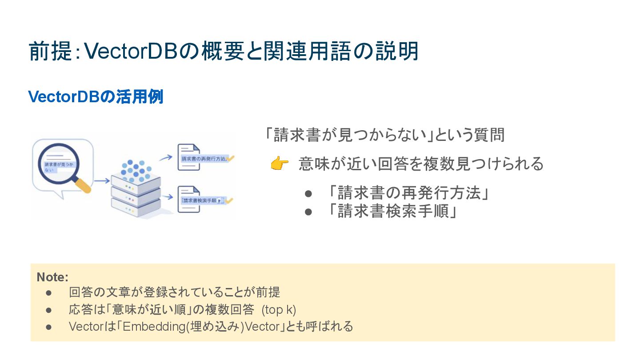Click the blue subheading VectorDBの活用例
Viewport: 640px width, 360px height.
click(96, 96)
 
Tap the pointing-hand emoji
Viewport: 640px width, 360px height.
click(279, 164)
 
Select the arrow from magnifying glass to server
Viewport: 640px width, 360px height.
click(102, 181)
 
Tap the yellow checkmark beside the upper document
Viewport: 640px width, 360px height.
click(231, 158)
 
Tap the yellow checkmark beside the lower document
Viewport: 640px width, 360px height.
click(229, 200)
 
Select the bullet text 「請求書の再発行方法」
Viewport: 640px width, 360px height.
click(406, 193)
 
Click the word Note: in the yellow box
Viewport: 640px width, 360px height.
click(52, 277)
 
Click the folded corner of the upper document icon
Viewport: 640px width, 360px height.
click(196, 148)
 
